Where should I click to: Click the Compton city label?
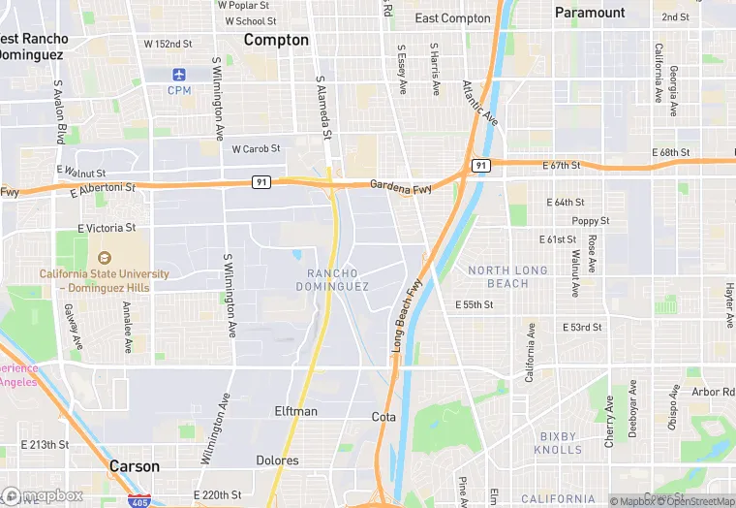point(276,40)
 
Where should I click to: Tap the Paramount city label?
point(590,13)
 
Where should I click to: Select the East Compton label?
point(452,18)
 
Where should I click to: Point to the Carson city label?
point(135,466)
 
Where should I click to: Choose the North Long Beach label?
point(507,276)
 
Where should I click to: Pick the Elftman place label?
point(295,411)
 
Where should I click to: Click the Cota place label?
point(383,417)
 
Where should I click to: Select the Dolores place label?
point(277,460)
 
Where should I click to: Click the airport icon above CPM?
point(179,75)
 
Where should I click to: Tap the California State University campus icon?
point(104,257)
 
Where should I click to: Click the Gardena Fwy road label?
point(401,185)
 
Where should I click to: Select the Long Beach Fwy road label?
point(409,315)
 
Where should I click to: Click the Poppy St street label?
point(590,221)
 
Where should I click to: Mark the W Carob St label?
point(256,149)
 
